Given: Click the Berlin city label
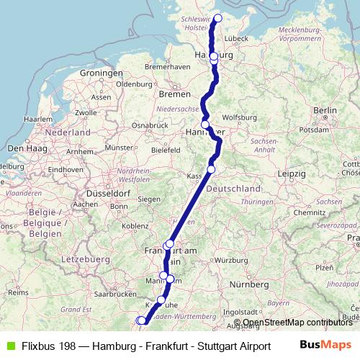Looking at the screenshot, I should [325, 110].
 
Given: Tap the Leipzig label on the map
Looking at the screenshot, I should [290, 174].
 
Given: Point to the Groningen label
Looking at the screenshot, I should [102, 73].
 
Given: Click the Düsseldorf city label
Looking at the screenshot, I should [107, 194].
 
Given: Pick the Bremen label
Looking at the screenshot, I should [175, 94].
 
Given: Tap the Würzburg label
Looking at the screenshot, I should [231, 260].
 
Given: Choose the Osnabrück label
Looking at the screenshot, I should [149, 125].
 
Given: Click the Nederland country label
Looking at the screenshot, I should [67, 132].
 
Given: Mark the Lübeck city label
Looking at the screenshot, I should [236, 37].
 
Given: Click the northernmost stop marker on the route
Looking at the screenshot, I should [218, 19].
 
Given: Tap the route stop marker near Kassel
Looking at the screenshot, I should [211, 169].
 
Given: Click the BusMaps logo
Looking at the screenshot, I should [325, 345].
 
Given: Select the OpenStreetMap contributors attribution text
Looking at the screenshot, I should [297, 323].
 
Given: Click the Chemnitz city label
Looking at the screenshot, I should [310, 213].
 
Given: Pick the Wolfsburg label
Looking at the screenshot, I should [239, 117].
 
